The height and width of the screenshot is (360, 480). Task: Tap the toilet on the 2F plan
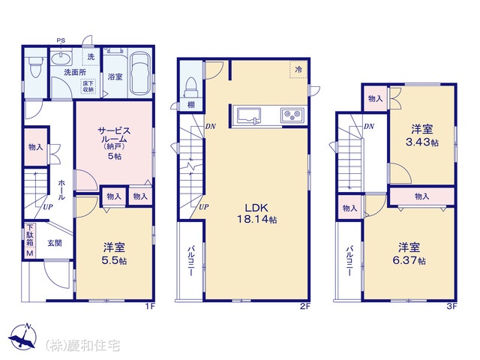(191, 88)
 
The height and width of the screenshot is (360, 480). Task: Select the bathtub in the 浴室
(140, 73)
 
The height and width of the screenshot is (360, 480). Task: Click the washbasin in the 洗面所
(61, 58)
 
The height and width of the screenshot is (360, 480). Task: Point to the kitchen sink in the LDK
(247, 116)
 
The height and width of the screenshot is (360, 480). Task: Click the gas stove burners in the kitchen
(292, 115)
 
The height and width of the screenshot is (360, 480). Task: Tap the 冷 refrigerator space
(298, 69)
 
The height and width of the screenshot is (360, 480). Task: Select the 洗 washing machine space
(91, 57)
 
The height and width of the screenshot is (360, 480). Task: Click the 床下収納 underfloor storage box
(88, 87)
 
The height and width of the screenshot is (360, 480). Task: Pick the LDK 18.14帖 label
(256, 213)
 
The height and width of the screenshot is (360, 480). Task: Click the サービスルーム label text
(114, 135)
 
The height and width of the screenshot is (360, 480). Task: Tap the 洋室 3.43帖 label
(421, 136)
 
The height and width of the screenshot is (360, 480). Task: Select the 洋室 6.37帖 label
(409, 253)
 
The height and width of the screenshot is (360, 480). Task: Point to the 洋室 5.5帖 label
(114, 253)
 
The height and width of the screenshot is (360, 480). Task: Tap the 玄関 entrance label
(55, 243)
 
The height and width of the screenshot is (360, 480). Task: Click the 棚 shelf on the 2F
(191, 105)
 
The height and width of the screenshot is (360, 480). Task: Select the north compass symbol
(22, 336)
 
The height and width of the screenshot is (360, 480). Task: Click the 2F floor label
(305, 307)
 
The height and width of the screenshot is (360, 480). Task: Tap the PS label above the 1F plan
(61, 40)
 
